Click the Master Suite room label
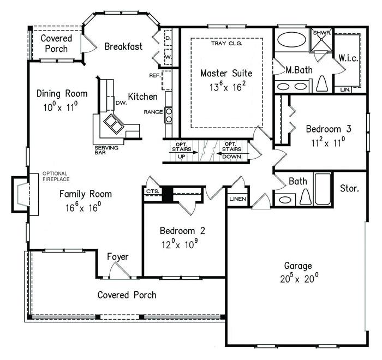click(226, 73)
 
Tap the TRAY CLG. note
click(226, 44)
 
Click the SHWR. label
click(322, 33)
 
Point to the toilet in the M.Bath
click(321, 83)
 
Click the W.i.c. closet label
click(348, 58)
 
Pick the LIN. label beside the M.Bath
click(345, 89)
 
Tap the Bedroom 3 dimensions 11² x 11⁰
click(328, 142)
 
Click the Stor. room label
click(349, 188)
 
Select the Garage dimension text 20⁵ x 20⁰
click(299, 278)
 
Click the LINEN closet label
click(238, 199)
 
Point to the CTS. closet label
click(153, 191)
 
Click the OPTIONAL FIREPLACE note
click(56, 176)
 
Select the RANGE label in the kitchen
click(153, 112)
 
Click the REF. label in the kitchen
click(154, 75)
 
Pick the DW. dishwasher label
click(121, 103)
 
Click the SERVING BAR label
click(106, 150)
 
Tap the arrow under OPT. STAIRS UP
click(183, 153)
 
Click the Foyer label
click(118, 257)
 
